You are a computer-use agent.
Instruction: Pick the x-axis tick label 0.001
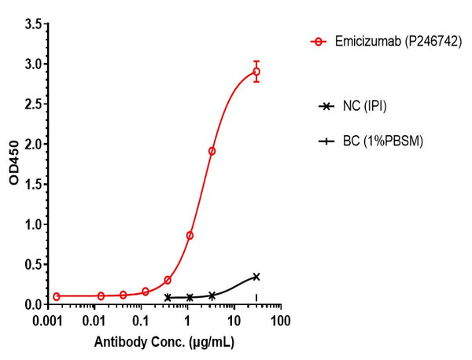point(48,321)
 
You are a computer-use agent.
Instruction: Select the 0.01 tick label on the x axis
point(94,321)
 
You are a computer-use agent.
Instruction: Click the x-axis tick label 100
point(280,321)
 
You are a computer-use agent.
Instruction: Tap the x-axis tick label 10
point(234,321)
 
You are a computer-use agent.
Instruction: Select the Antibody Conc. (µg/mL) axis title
point(164,343)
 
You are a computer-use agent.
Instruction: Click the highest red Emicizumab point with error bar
point(256,72)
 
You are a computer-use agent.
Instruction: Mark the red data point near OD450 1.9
point(212,151)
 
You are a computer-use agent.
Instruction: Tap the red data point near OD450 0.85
point(190,235)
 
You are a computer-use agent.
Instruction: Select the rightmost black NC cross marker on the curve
point(256,277)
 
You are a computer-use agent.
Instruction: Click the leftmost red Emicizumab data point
point(56,296)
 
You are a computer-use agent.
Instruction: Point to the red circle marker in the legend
point(318,41)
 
